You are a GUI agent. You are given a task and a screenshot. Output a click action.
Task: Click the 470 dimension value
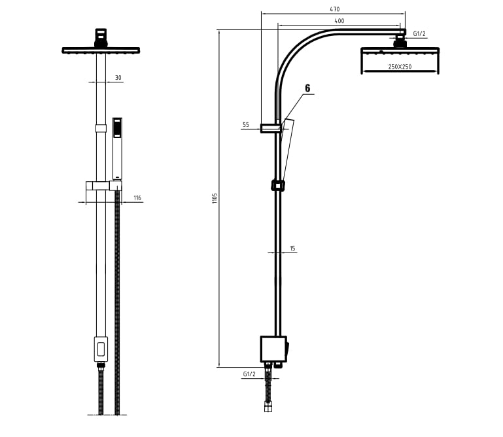(x=335, y=9)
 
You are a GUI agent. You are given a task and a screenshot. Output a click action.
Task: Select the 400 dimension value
(x=339, y=21)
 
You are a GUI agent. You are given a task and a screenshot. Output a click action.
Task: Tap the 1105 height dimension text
(x=215, y=198)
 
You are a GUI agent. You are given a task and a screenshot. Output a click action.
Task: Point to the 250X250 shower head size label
(x=400, y=67)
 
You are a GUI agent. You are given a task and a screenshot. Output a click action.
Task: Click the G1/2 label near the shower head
(x=419, y=33)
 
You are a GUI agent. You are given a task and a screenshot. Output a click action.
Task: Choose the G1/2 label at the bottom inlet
(x=249, y=374)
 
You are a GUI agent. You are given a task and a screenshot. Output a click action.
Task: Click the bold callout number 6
(x=307, y=88)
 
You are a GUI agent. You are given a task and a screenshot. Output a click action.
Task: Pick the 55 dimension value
(x=246, y=124)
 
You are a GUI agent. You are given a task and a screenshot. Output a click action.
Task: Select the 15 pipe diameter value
(x=292, y=248)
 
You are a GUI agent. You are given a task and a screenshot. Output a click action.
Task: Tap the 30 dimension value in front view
(x=118, y=78)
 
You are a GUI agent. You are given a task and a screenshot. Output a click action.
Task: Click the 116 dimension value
(x=137, y=198)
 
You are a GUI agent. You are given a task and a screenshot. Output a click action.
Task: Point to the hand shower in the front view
(x=117, y=149)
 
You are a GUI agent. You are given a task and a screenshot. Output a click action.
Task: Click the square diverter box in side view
(x=273, y=349)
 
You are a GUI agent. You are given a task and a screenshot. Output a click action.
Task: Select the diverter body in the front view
(x=101, y=349)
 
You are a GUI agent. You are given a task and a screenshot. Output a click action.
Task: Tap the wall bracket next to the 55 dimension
(x=271, y=128)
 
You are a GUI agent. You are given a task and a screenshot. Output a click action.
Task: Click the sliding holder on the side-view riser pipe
(x=278, y=185)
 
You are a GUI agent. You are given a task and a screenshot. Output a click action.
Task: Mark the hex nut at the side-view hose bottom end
(x=268, y=408)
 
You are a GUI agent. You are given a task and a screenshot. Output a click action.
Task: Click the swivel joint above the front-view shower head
(x=101, y=38)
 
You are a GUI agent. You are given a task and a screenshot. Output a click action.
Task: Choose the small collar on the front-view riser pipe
(x=101, y=128)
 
